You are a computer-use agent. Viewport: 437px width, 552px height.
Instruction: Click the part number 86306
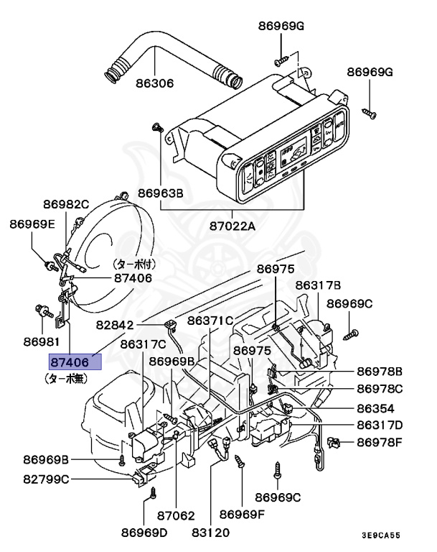click(x=155, y=83)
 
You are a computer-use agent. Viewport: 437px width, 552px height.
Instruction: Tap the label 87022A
click(x=231, y=226)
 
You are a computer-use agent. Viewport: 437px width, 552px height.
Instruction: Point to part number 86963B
click(x=161, y=193)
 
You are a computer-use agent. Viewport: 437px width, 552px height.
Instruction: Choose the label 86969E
click(x=32, y=224)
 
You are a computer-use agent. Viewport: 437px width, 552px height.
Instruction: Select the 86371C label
click(x=211, y=320)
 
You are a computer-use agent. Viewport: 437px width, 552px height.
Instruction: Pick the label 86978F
click(x=380, y=441)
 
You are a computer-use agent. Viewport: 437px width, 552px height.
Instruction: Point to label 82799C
click(x=46, y=478)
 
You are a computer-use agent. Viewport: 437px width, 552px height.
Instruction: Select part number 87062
click(x=177, y=515)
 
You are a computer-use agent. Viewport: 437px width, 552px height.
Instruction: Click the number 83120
click(x=210, y=533)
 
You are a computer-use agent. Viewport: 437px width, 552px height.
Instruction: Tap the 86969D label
click(x=143, y=533)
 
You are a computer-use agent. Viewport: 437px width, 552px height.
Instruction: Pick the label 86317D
click(x=380, y=424)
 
